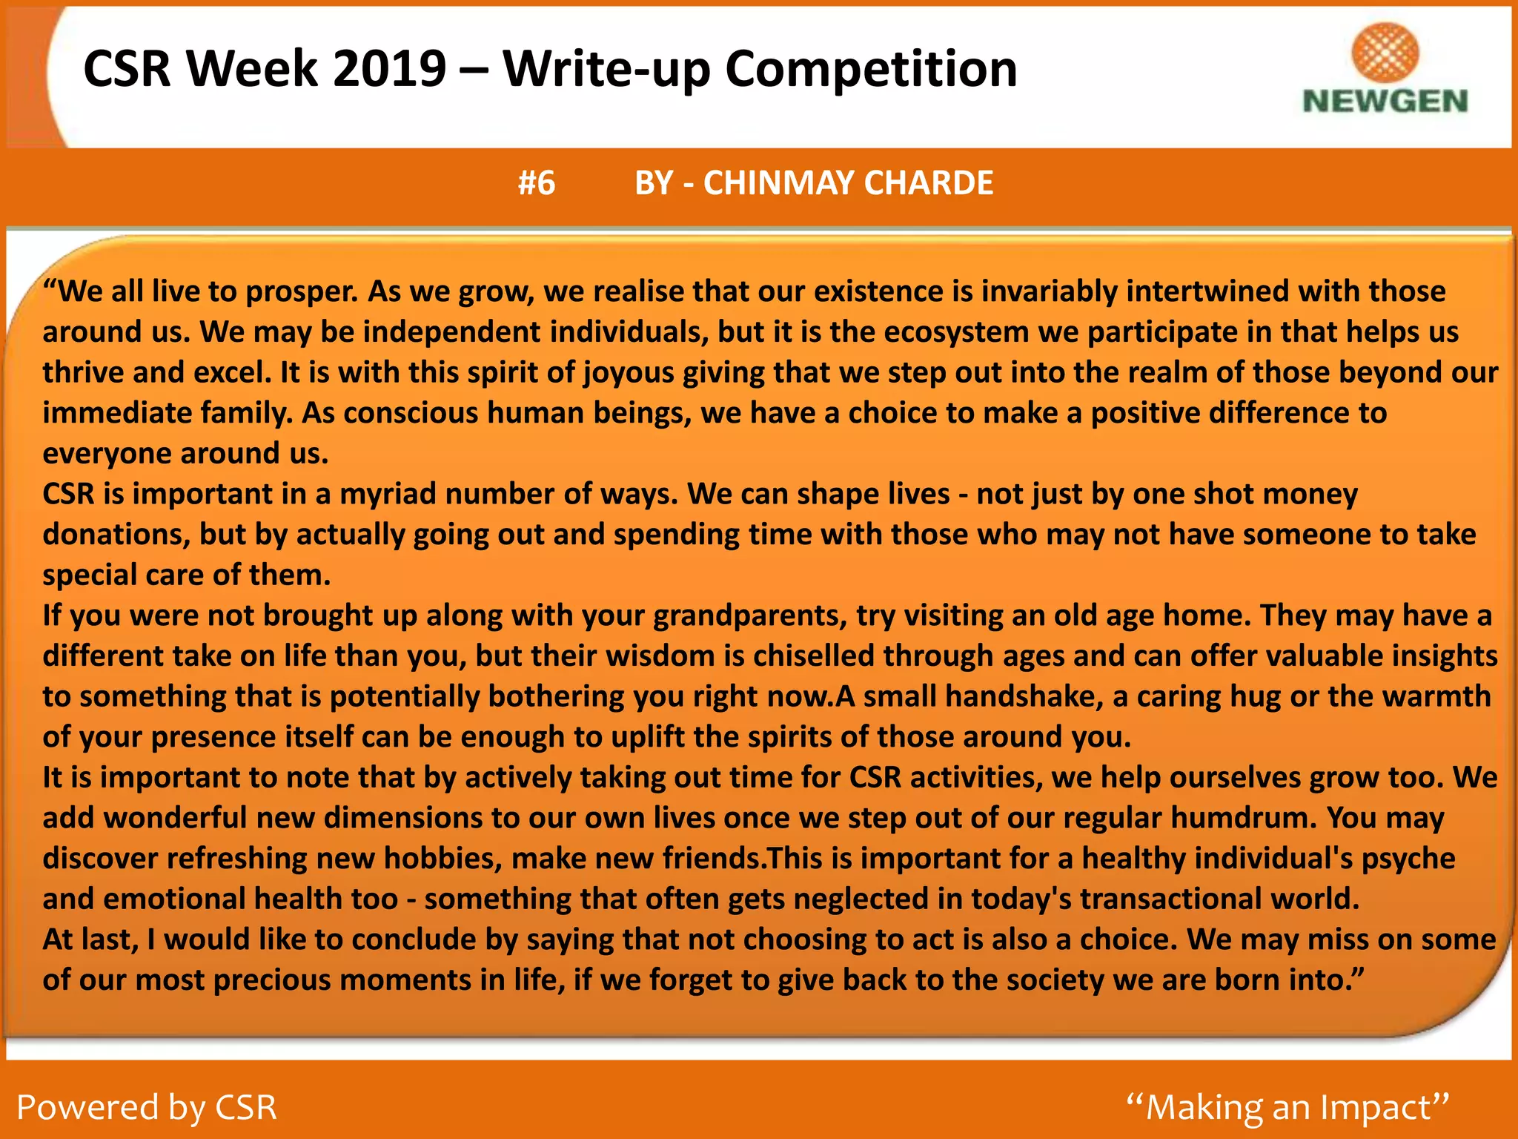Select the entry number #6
[x=537, y=183]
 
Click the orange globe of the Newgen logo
[x=1385, y=52]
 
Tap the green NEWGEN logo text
[x=1385, y=102]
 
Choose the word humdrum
[x=1242, y=818]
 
